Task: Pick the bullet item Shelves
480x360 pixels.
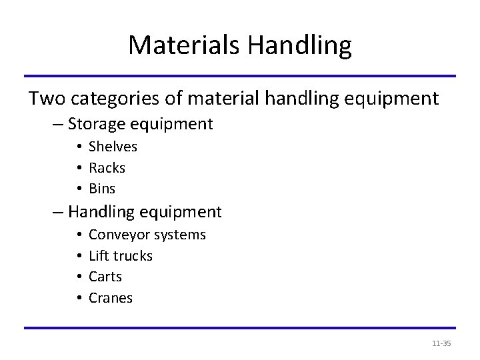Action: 113,146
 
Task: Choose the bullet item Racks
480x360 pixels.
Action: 107,167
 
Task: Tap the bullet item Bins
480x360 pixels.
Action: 102,189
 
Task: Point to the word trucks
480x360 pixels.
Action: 133,256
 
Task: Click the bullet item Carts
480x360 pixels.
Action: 105,277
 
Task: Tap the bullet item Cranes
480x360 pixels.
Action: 111,298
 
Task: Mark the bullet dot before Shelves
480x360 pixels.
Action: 79,147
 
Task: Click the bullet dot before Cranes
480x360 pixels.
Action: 79,298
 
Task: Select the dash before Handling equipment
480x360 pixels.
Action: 57,213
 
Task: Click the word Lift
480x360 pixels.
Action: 98,256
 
